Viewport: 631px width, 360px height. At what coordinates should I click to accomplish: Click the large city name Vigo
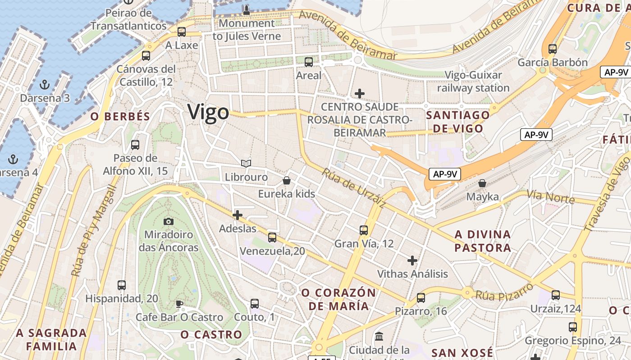tap(208, 112)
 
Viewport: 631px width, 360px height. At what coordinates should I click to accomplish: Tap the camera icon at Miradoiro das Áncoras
tap(168, 221)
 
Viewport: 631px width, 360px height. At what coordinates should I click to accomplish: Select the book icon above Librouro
tap(246, 163)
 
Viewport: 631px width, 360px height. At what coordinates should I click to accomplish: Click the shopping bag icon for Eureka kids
tap(286, 181)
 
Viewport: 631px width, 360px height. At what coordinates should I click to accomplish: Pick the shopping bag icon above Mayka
tap(482, 183)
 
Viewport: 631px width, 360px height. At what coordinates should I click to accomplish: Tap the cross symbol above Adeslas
tap(238, 215)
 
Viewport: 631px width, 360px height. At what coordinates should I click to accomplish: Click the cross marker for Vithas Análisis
tap(412, 260)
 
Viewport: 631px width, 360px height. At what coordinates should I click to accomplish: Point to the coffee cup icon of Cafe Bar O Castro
tap(179, 304)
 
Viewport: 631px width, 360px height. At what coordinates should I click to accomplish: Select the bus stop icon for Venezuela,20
tap(272, 237)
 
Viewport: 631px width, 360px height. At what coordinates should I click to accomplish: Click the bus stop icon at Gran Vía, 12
tap(364, 230)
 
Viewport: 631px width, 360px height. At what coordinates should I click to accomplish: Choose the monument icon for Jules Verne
tap(247, 9)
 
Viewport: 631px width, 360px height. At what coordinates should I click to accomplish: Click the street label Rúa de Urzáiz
tap(354, 188)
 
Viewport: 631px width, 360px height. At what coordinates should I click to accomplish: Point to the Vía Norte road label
tap(551, 197)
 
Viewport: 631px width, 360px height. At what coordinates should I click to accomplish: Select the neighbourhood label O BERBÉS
tap(120, 117)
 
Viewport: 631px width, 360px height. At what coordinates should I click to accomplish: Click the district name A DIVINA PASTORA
tap(483, 241)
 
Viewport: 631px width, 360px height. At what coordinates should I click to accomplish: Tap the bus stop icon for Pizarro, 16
tap(421, 297)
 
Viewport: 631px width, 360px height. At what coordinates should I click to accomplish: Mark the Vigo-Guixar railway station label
tap(473, 81)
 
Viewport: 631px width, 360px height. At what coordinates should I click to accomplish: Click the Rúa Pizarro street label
tap(504, 290)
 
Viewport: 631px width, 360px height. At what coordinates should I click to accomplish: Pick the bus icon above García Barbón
tap(553, 49)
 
